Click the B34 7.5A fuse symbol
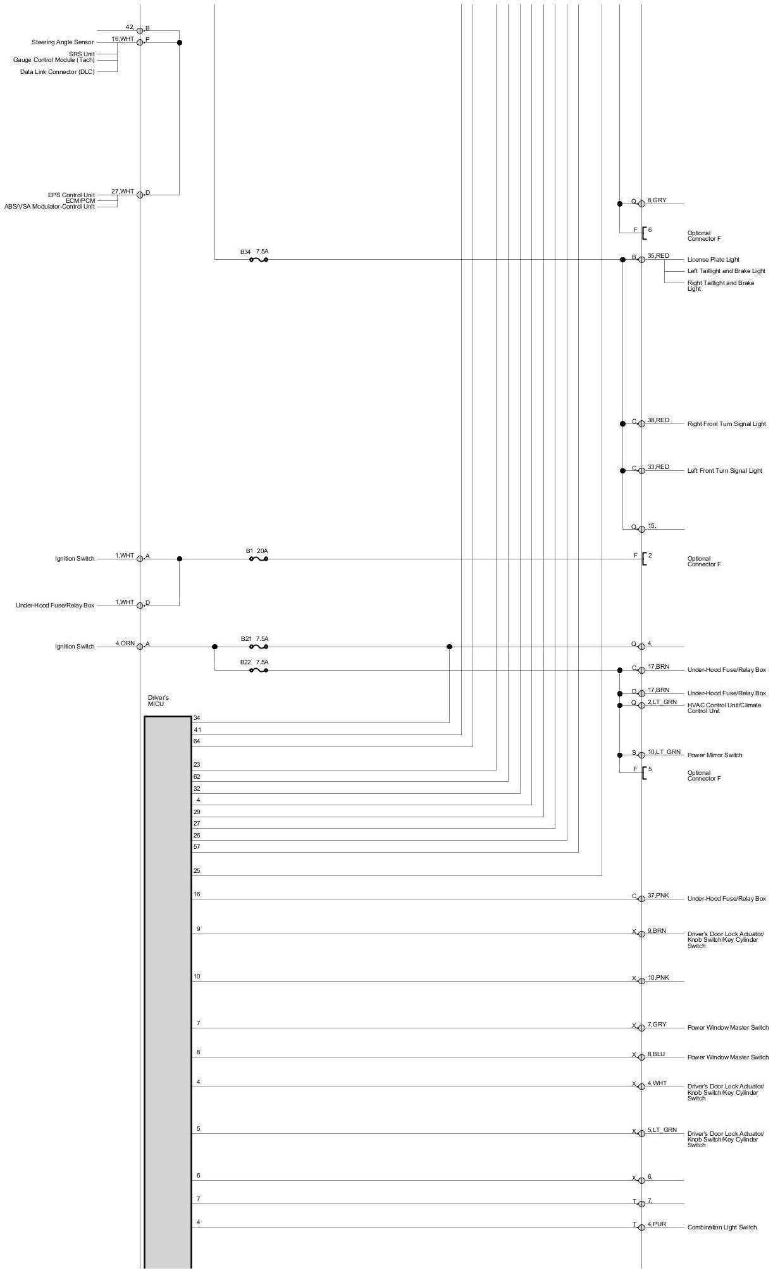[259, 259]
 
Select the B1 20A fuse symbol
[259, 559]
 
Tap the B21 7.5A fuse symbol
[259, 647]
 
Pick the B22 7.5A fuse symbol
[259, 670]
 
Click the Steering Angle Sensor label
[63, 42]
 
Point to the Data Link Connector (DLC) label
[57, 72]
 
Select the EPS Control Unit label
[71, 195]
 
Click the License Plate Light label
[713, 260]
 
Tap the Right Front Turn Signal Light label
[726, 424]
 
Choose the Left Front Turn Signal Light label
[724, 471]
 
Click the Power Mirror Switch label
[715, 755]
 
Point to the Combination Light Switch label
[722, 1227]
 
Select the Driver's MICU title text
[158, 701]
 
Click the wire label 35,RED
[658, 256]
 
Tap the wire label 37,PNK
[658, 896]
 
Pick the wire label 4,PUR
[657, 1224]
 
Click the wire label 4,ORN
[125, 643]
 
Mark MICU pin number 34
[197, 718]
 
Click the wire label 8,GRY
[657, 200]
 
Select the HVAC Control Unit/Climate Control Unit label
[724, 708]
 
